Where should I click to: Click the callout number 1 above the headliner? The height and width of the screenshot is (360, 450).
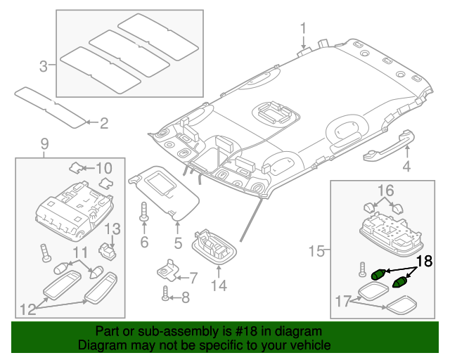(x=303, y=30)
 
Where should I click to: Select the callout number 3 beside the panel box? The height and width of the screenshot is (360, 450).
(x=44, y=66)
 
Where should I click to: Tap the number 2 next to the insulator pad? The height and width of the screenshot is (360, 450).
(x=104, y=123)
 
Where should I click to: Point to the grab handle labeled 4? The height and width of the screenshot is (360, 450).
(x=389, y=146)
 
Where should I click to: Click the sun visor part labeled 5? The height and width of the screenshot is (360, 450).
(x=164, y=192)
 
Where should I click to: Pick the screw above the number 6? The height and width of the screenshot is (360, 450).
(x=143, y=212)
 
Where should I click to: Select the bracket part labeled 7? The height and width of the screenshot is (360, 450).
(x=167, y=270)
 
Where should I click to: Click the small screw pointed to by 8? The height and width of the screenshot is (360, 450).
(x=165, y=293)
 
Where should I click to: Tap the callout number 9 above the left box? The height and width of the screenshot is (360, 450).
(x=45, y=144)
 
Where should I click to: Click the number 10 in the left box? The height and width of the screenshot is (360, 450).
(x=103, y=168)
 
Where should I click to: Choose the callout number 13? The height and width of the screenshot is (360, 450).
(x=112, y=229)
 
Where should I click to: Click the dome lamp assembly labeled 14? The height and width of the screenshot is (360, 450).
(x=214, y=247)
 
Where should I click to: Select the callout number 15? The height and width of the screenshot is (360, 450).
(x=317, y=251)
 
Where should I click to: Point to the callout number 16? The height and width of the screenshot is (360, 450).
(x=386, y=191)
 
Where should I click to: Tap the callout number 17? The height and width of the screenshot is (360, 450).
(x=343, y=302)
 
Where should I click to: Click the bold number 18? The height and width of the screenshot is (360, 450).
(x=425, y=262)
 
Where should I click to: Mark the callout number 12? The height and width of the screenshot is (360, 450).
(x=28, y=309)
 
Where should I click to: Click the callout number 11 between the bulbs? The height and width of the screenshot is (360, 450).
(x=80, y=252)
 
